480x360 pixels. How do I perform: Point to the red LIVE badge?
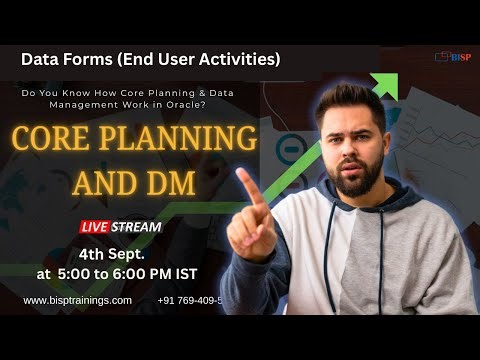(103, 226)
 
